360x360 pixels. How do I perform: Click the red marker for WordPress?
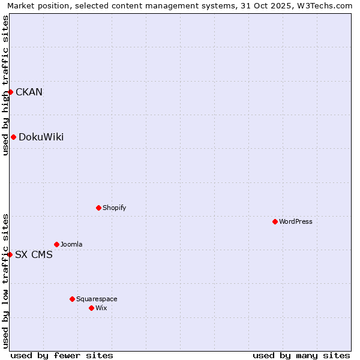275,221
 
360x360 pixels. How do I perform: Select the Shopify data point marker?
98,208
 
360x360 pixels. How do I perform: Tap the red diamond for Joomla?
56,244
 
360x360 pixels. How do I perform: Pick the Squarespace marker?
72,299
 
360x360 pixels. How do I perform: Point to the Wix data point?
91,308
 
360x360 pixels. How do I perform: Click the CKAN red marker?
10,92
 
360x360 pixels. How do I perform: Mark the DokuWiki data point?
13,137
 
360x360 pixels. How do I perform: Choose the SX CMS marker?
10,254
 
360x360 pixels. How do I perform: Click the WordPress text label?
296,221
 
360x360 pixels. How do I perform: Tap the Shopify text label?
115,208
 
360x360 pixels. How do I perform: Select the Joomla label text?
71,244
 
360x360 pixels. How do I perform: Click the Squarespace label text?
97,299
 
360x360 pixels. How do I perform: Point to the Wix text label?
101,308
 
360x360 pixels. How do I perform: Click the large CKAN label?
29,92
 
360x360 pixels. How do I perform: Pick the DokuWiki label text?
41,137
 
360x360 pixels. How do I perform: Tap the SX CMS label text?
34,254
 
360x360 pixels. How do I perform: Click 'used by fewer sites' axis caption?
62,355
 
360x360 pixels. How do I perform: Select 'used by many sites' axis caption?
301,355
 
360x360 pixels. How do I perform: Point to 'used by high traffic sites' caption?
5,85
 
